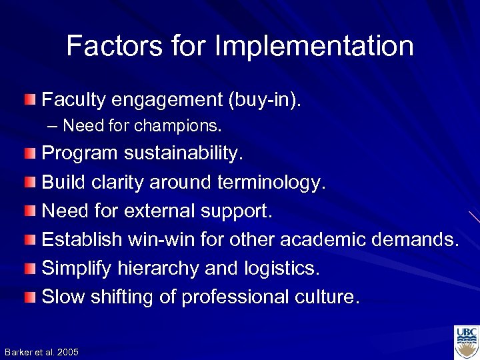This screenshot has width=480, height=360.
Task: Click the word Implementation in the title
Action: click(x=314, y=47)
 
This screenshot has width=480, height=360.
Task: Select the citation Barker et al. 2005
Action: click(x=41, y=352)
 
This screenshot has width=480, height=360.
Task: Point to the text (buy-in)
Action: click(x=265, y=100)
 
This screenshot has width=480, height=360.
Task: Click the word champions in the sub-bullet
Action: click(x=177, y=125)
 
